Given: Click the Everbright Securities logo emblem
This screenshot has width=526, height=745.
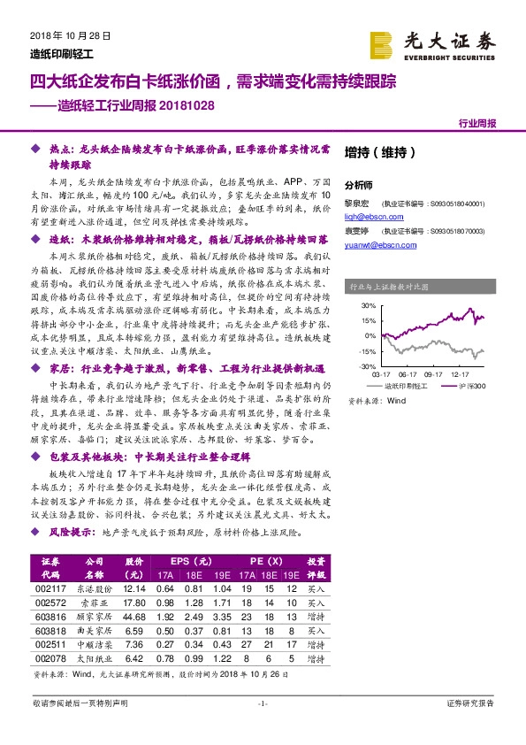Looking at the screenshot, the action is point(382,43).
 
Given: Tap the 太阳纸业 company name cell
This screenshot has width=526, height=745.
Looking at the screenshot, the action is point(93,658).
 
